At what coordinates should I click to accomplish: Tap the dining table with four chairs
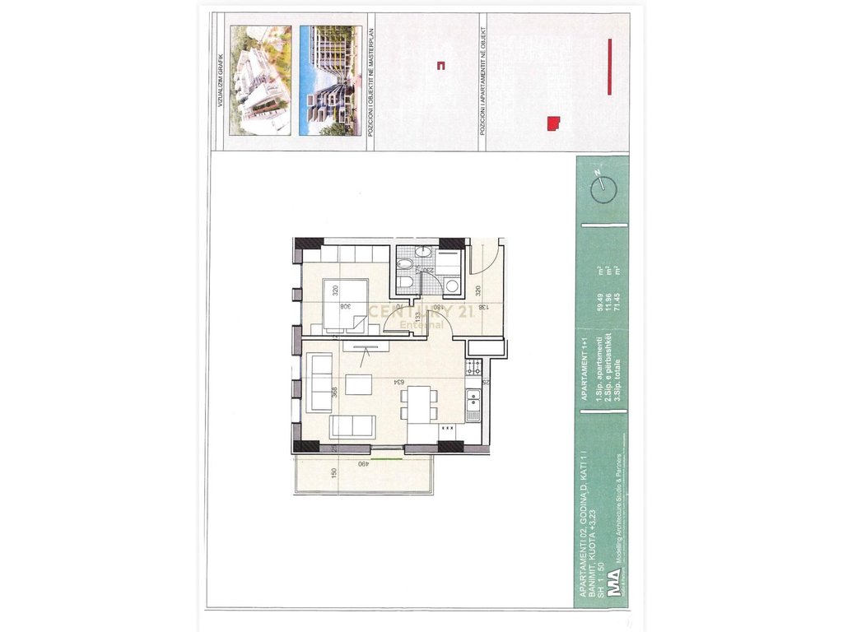pos(421,403)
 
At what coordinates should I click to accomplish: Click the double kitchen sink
pos(473,404)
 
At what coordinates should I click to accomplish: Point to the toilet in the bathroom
pos(405,264)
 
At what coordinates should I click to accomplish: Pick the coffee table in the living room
pos(359,384)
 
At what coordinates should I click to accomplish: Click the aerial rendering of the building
pos(260,80)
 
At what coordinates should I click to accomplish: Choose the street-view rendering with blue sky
pos(328,80)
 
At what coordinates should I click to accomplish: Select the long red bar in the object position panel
pos(608,66)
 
